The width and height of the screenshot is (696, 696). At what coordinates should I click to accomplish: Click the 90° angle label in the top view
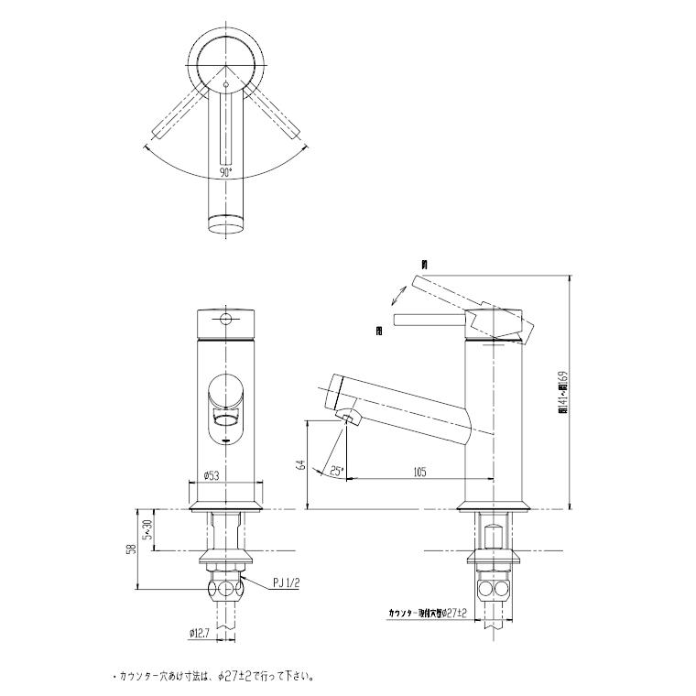pos(225,171)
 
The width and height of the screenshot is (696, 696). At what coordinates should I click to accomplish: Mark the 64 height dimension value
pos(299,465)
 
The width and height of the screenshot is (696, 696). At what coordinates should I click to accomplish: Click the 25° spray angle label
pos(336,471)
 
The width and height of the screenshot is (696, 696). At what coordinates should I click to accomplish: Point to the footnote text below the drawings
pos(215,678)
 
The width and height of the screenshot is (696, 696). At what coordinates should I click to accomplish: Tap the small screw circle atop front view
pos(225,321)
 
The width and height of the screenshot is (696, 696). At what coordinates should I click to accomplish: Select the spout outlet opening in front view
pos(225,419)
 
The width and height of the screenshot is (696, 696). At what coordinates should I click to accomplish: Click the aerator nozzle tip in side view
pos(350,420)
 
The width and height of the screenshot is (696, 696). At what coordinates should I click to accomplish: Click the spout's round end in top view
pos(225,223)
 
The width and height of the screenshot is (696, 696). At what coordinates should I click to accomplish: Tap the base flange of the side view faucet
pos(495,505)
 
